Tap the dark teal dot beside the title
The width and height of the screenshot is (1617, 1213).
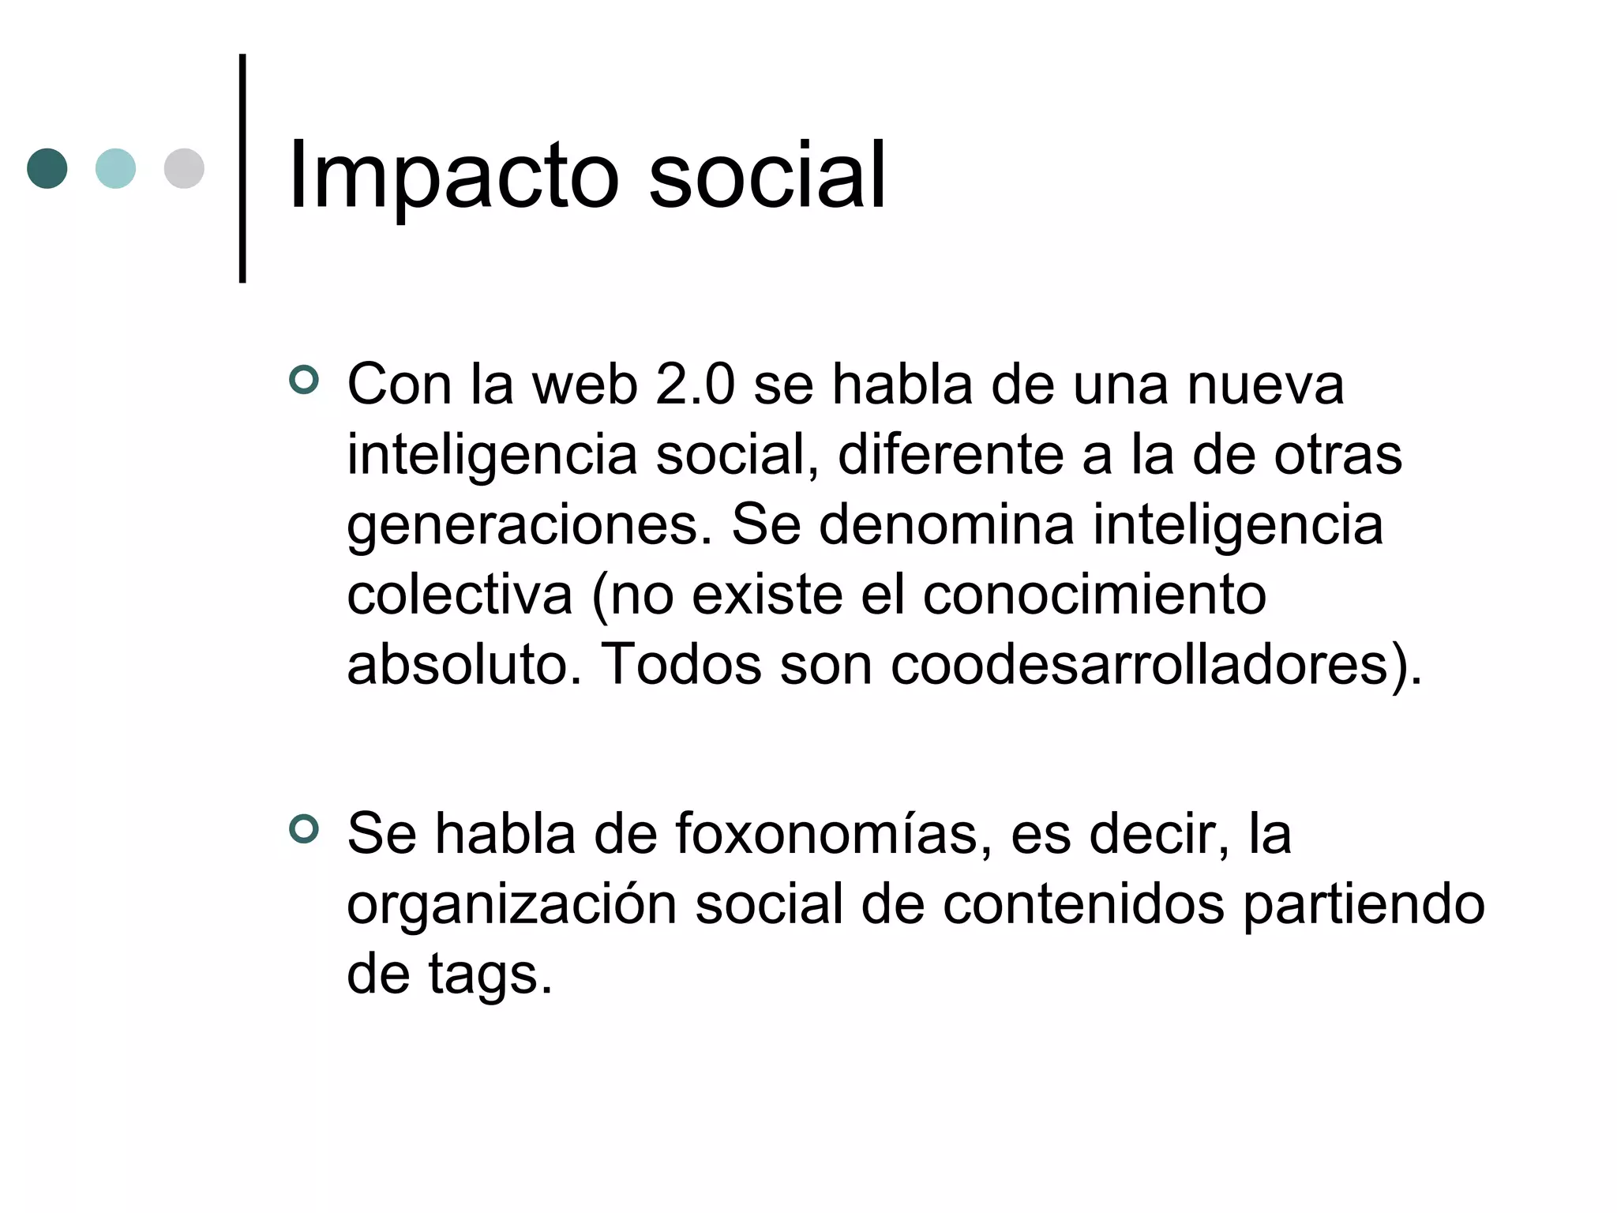point(47,168)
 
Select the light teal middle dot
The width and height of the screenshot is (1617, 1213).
point(115,168)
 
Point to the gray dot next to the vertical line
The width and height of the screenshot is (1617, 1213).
point(184,168)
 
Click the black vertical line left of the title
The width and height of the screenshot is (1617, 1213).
point(242,168)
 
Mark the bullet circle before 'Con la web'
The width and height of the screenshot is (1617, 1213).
point(304,380)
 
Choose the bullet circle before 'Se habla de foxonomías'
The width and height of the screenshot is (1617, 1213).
point(304,829)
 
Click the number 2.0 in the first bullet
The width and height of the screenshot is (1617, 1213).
point(695,385)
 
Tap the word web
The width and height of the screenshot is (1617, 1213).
point(584,385)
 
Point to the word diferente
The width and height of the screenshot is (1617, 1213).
point(950,455)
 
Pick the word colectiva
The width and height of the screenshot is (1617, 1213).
point(460,595)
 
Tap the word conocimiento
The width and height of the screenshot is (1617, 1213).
point(1094,595)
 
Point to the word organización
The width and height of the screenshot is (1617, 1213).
point(512,905)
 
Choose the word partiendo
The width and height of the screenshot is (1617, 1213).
point(1364,905)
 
